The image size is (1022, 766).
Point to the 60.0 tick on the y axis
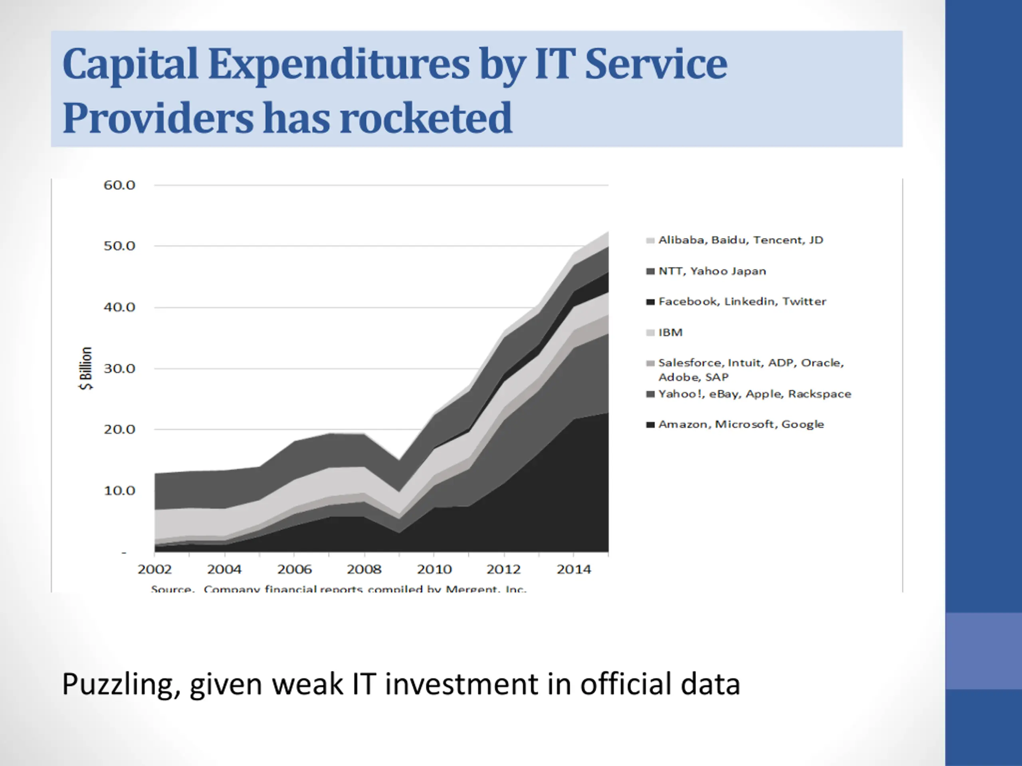point(119,186)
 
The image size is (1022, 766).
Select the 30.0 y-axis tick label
point(119,369)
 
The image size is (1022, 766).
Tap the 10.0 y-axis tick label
point(119,491)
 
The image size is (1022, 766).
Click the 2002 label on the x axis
point(154,570)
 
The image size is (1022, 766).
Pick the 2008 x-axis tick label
point(364,570)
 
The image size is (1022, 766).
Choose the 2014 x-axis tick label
point(574,570)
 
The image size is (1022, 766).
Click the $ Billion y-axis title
point(86,369)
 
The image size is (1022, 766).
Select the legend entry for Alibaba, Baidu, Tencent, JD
point(740,240)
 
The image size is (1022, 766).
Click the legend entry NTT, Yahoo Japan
point(711,271)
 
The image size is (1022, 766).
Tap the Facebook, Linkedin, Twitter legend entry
point(742,302)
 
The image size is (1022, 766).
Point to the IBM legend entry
point(670,332)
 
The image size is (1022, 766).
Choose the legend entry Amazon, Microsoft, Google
point(741,424)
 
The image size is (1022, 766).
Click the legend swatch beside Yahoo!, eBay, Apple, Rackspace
point(650,394)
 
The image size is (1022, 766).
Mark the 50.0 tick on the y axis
point(119,246)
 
